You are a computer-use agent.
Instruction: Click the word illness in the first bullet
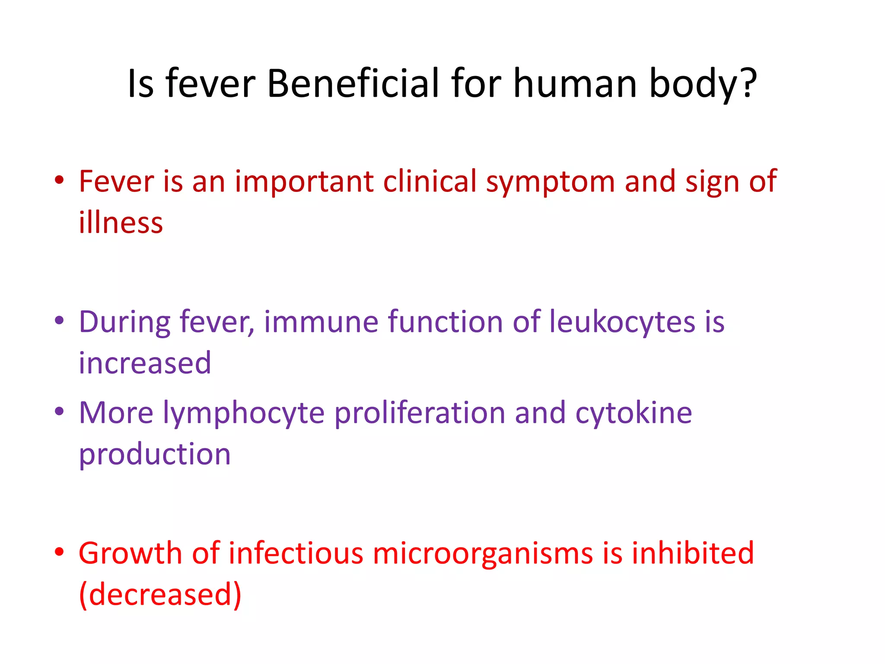[121, 222]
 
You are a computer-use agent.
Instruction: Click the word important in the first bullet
[304, 182]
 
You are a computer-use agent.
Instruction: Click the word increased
[145, 363]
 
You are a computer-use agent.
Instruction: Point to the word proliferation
[420, 413]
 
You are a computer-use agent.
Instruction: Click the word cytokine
[634, 413]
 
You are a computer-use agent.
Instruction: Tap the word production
[155, 455]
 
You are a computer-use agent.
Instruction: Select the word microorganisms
[483, 553]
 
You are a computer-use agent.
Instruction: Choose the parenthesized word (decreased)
[160, 594]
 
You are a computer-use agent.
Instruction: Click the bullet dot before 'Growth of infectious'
[60, 552]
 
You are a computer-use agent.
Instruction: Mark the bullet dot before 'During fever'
[60, 321]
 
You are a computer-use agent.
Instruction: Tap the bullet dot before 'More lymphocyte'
[60, 412]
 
